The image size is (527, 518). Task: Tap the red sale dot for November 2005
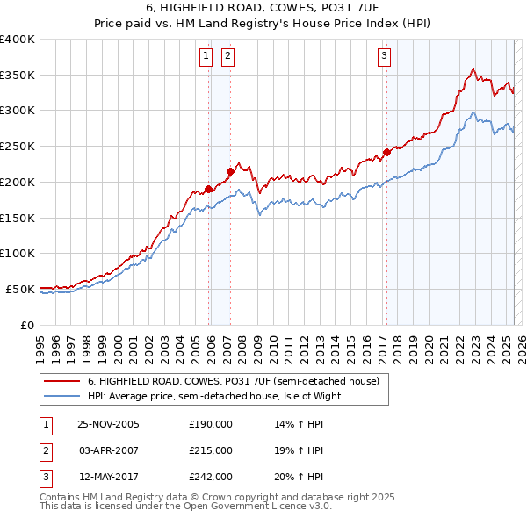pos(209,189)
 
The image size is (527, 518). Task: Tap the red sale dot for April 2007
pos(230,171)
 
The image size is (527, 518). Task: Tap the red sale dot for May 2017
pos(386,152)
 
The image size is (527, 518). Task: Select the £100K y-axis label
pos(18,253)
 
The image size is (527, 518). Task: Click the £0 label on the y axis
pos(26,324)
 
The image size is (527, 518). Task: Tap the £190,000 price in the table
pos(211,423)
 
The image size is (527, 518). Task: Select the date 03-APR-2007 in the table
pos(109,450)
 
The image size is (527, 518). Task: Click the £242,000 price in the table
pos(211,477)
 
